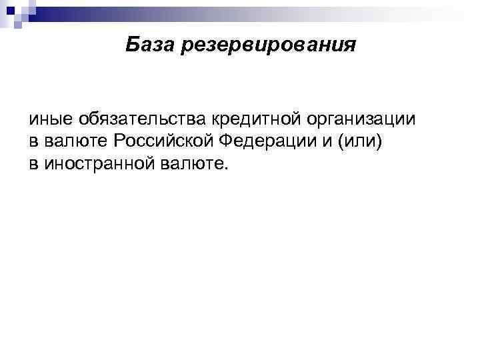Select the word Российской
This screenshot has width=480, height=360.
pos(159,142)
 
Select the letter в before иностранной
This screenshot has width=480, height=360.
pos(33,163)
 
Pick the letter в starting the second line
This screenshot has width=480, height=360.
pos(33,142)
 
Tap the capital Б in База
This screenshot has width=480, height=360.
pos(131,45)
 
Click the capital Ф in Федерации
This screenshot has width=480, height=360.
pos(221,142)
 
